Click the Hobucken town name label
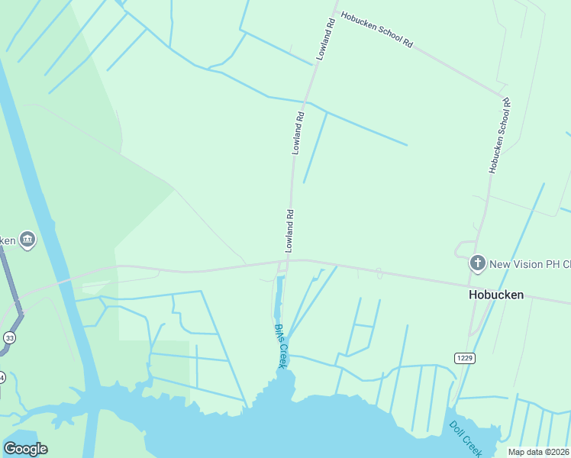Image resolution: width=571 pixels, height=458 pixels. [x=495, y=295]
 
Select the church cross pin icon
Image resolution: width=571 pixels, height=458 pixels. [x=477, y=263]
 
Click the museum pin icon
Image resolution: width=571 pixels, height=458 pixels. [x=27, y=240]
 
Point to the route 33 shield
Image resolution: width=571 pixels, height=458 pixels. [x=9, y=337]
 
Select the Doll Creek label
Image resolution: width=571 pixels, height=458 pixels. [x=464, y=437]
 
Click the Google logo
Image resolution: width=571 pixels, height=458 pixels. [x=25, y=448]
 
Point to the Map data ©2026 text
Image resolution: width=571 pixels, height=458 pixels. [x=538, y=452]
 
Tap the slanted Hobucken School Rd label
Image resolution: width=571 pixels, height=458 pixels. [x=376, y=30]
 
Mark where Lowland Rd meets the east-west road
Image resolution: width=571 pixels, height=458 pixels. [x=289, y=260]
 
